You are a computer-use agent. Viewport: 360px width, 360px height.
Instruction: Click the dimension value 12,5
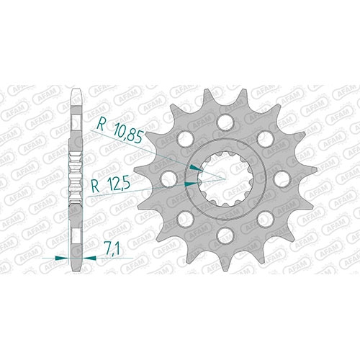[x=118, y=184]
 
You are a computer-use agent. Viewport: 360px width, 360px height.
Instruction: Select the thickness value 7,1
[x=112, y=248]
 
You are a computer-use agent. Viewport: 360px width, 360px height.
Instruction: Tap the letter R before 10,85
[x=101, y=125]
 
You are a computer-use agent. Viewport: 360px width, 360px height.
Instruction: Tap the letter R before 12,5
[x=96, y=186]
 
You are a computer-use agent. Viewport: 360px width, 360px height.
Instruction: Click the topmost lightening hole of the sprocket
[x=225, y=122]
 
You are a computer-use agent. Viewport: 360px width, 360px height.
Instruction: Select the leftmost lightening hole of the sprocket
[x=168, y=179]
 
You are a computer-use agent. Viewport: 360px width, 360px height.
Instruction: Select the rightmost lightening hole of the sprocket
[x=282, y=179]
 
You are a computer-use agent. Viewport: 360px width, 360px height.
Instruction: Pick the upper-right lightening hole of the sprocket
[x=266, y=138]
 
